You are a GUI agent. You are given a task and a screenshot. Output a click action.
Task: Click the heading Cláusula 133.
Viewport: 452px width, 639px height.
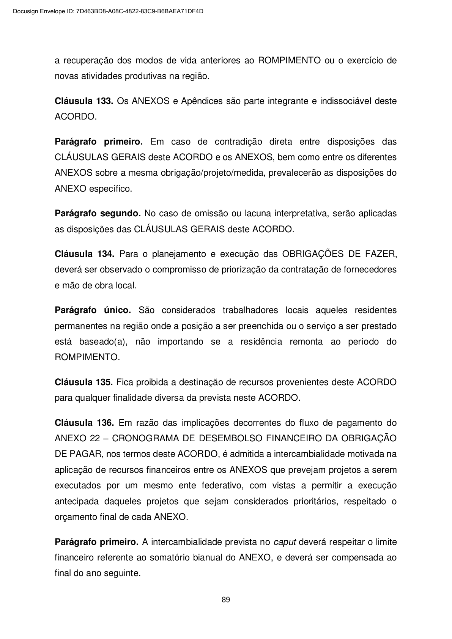84,101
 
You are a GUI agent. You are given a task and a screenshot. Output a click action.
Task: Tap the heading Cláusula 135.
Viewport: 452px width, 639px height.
84,382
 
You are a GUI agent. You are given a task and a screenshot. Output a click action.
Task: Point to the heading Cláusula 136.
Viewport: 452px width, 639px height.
84,423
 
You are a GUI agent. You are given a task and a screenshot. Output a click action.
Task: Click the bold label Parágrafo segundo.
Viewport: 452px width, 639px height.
98,213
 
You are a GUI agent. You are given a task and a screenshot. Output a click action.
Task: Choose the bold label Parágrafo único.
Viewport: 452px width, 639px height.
93,310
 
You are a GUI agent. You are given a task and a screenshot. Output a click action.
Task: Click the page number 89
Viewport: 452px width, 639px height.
226,600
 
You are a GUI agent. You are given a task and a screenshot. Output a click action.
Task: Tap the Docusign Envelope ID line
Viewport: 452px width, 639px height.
108,11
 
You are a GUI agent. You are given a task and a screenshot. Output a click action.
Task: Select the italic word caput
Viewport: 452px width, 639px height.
285,542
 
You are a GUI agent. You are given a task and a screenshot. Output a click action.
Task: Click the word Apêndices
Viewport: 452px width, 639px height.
202,101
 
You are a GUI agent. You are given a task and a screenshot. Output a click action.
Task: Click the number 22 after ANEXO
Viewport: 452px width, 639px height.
95,438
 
